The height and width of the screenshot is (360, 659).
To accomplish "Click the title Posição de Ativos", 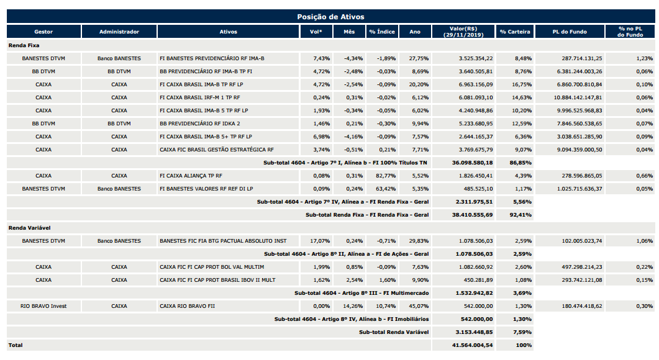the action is point(330,17).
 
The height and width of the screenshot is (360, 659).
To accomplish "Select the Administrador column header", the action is point(119,32).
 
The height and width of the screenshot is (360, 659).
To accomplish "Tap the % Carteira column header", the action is point(515,32).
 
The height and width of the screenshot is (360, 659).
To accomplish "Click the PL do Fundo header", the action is point(570,32).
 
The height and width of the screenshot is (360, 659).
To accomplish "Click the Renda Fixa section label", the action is point(24,45).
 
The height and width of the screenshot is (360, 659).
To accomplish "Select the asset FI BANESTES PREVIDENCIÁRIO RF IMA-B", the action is point(212,58).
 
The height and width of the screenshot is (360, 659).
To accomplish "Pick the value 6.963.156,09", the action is point(476,84).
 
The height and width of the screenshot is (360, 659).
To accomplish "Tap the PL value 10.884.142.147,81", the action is point(578,97).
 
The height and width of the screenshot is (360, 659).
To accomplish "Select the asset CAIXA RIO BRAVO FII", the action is point(187,306).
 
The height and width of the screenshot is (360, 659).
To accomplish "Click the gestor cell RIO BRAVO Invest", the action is point(43,306).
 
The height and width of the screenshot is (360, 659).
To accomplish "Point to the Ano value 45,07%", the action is point(419,306).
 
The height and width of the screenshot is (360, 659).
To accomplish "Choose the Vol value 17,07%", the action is point(320,241).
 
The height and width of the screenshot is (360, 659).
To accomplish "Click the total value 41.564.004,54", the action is point(474,345).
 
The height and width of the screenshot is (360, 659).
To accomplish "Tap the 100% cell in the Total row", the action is point(524,345).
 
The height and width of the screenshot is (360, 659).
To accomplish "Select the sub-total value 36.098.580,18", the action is point(474,163).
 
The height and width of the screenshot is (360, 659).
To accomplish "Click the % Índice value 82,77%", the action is point(386,176).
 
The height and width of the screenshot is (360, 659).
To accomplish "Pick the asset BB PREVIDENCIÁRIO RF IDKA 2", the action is point(200,124).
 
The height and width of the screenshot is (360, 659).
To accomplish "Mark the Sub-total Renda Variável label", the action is point(394,332).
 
